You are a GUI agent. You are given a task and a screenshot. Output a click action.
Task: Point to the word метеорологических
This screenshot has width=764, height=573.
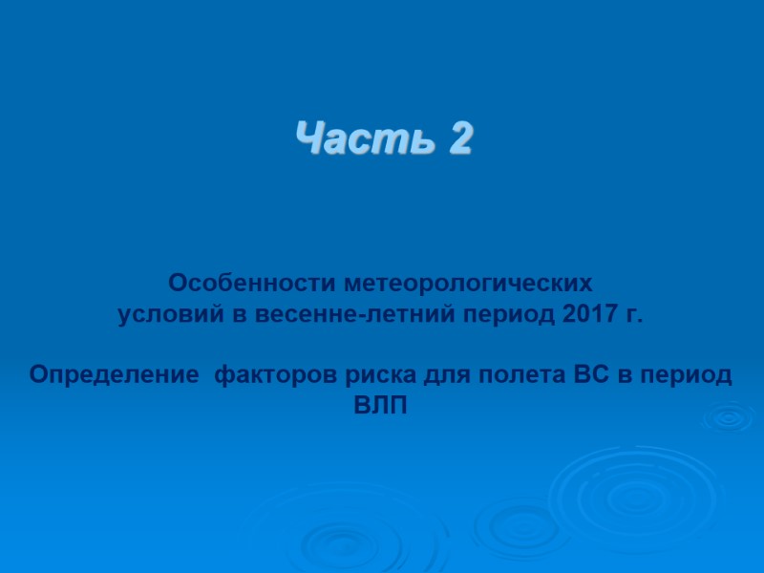pyautogui.click(x=468, y=284)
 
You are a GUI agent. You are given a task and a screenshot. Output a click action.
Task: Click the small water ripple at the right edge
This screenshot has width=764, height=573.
pyautogui.click(x=729, y=417)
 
